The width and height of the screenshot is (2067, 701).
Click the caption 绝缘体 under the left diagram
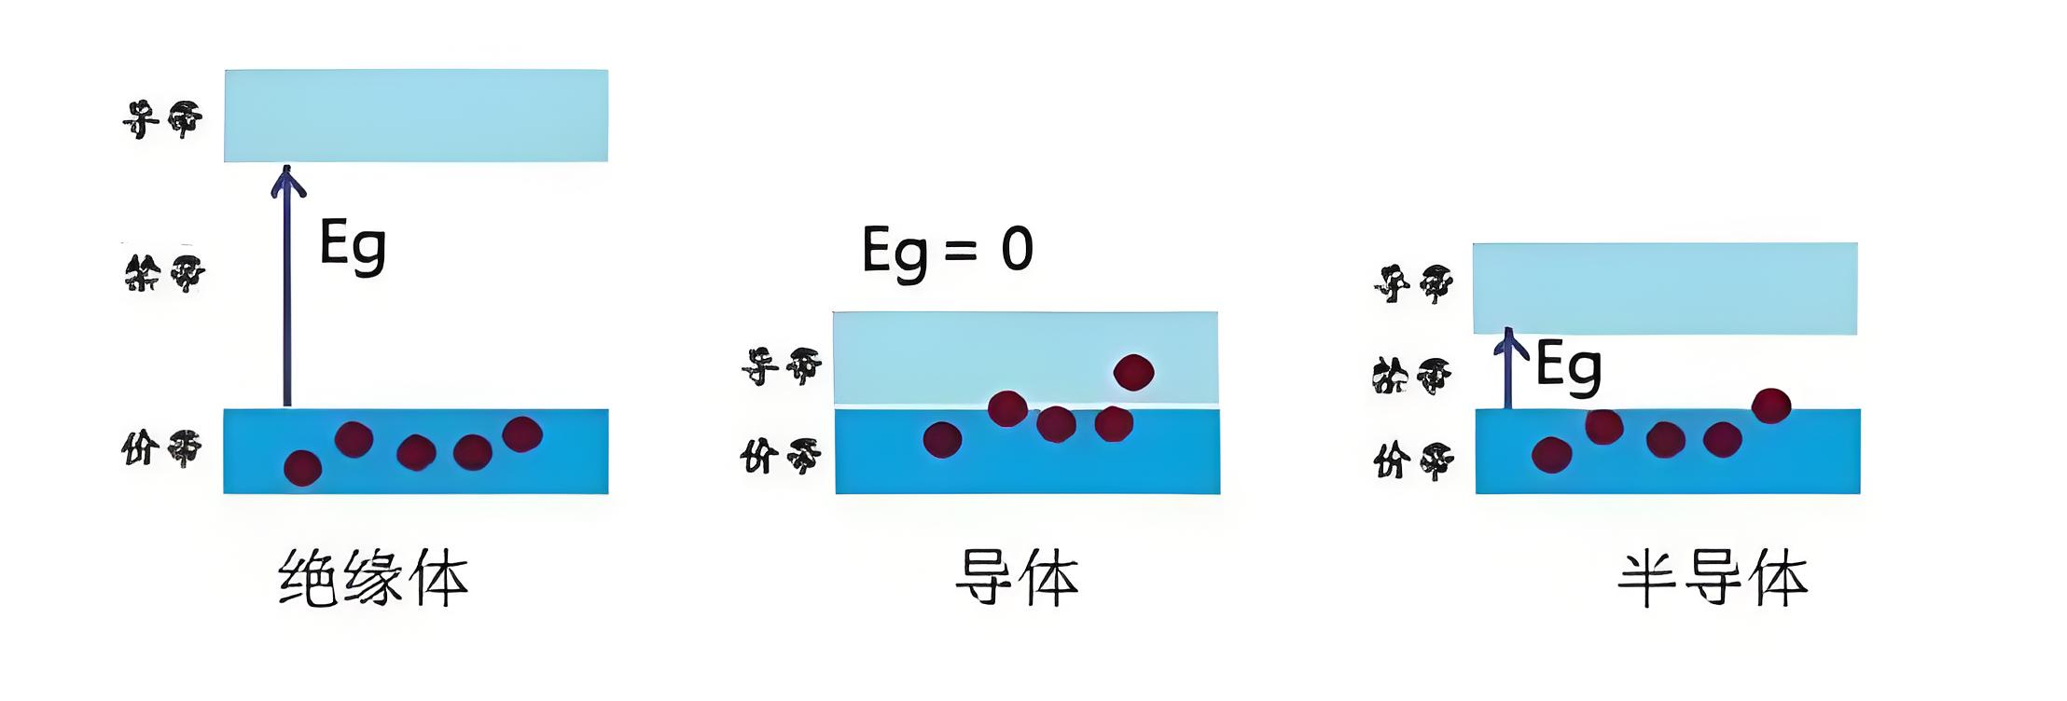tap(373, 579)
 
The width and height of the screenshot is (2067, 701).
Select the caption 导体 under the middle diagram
tap(1017, 579)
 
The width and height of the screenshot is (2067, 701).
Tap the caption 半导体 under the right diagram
tap(1713, 579)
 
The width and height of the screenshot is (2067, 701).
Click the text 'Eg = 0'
tap(947, 251)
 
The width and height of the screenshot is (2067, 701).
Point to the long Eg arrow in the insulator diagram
tap(287, 289)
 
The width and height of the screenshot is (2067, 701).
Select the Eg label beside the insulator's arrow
tap(352, 245)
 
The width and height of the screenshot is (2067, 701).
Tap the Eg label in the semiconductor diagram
tap(1568, 366)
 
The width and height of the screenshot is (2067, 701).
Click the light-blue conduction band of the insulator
tap(416, 116)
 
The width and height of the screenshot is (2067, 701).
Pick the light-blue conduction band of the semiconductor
tap(1665, 288)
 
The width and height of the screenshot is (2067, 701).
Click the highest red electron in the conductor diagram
tap(1133, 372)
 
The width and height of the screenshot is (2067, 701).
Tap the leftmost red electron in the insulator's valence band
tap(302, 468)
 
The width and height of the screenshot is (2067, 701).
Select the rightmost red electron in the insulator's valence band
tap(522, 434)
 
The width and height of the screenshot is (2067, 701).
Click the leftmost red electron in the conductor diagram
tap(942, 439)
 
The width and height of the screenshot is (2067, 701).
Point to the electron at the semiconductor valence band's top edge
tap(1771, 405)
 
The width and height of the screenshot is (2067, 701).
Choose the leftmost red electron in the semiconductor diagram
tap(1551, 455)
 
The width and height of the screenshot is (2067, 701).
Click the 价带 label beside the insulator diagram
tap(162, 448)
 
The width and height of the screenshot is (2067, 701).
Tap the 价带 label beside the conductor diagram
tap(781, 457)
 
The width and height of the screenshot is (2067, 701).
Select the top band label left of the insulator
tap(162, 119)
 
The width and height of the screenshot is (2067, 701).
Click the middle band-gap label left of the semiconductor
tap(1412, 376)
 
